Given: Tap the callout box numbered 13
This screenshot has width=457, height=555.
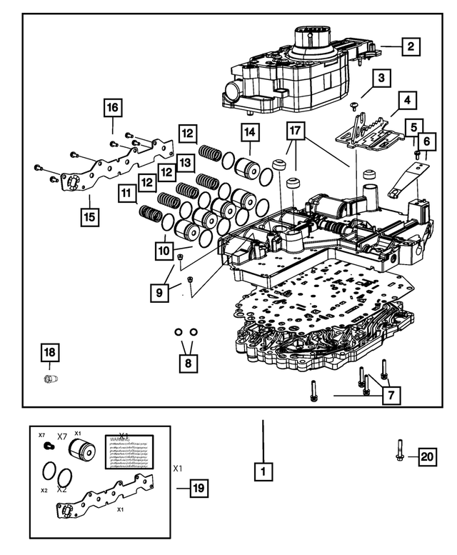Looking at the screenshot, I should pyautogui.click(x=186, y=164).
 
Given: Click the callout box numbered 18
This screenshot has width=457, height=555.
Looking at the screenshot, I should pyautogui.click(x=51, y=353).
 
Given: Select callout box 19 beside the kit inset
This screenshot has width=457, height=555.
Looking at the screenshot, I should pyautogui.click(x=198, y=489).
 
